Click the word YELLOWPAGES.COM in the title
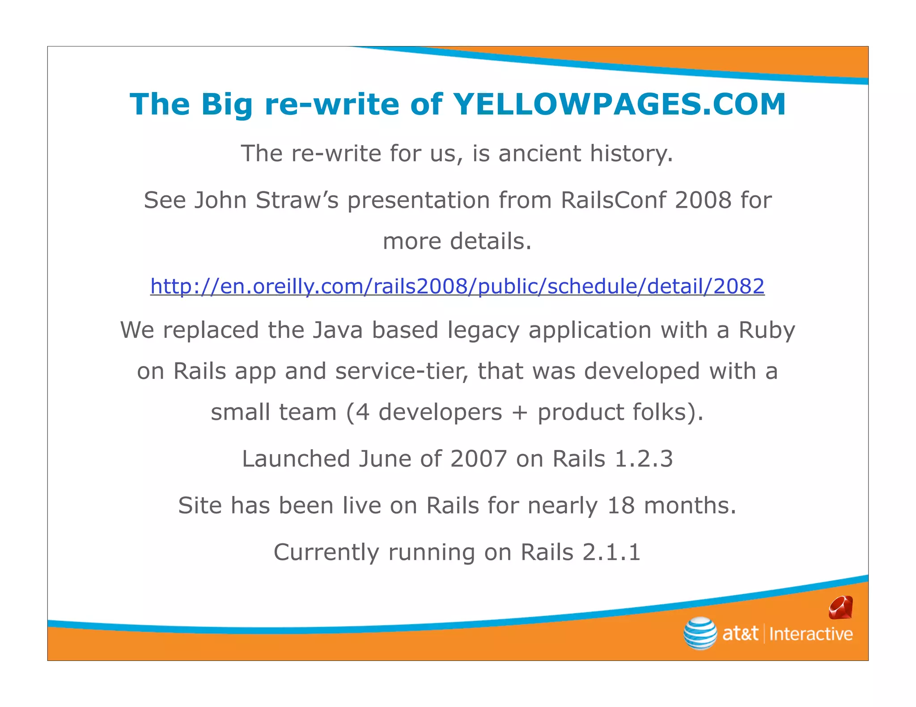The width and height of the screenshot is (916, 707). click(619, 104)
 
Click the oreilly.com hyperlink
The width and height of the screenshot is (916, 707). click(457, 286)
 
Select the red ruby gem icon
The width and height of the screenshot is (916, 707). click(840, 608)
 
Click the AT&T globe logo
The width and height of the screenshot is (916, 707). click(700, 633)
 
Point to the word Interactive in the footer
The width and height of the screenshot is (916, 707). click(811, 634)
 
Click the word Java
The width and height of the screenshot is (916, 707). click(337, 330)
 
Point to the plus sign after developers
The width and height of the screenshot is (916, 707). click(520, 412)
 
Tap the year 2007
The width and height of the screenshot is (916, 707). click(479, 459)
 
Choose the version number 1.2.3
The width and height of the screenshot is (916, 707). click(644, 459)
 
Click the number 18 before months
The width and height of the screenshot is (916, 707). click(621, 505)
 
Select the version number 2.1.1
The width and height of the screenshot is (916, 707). click(611, 552)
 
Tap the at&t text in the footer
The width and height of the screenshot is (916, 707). click(740, 634)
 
